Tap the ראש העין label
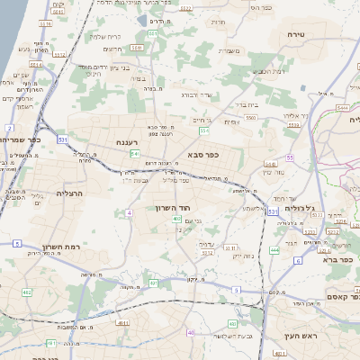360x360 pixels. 296,335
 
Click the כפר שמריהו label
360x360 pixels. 22,139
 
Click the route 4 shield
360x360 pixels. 129,213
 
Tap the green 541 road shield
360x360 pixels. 134,154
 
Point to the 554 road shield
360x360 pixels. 204,131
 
